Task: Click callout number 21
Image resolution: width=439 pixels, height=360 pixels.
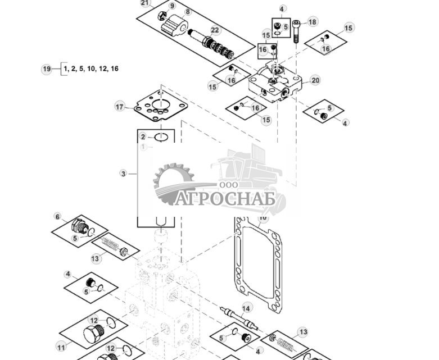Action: (x=146, y=3)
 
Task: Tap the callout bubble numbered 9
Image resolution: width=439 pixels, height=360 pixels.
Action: (x=172, y=6)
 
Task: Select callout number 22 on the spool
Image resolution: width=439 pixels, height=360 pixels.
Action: (x=215, y=30)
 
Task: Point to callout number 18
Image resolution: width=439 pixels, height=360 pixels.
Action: (x=313, y=22)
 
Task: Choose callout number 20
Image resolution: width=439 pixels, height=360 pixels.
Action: (x=315, y=80)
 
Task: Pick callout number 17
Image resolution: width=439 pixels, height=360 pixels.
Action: (x=119, y=107)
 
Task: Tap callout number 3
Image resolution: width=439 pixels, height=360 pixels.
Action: (x=124, y=174)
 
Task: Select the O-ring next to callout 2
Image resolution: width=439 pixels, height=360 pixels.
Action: (x=161, y=137)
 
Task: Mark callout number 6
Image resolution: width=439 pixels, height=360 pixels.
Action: (x=57, y=216)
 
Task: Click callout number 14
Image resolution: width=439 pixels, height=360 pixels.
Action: (x=246, y=308)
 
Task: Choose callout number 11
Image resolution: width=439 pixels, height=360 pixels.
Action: (x=61, y=348)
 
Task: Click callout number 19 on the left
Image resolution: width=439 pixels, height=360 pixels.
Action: (x=47, y=69)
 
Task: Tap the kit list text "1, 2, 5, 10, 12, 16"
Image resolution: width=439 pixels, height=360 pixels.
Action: (x=90, y=69)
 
